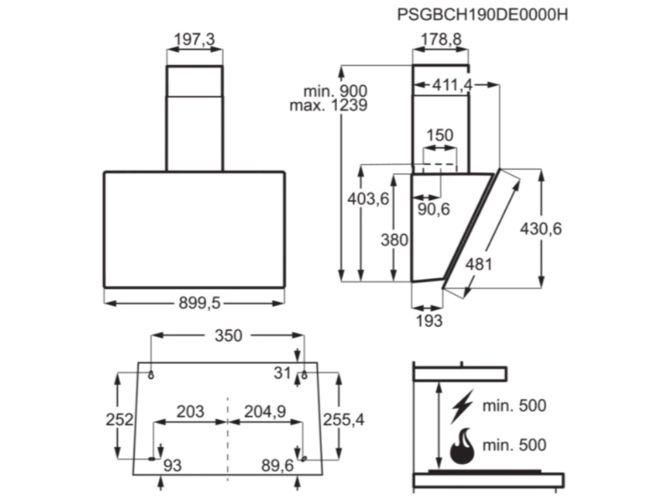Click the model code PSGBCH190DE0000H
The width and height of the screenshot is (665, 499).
point(483,14)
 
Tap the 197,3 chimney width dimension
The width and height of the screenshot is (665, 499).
point(195,40)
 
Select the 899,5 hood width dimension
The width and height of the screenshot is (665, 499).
point(195,302)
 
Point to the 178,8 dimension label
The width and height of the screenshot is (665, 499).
point(442,40)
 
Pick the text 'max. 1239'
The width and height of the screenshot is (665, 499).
point(329,105)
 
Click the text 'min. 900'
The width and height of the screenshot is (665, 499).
point(335,91)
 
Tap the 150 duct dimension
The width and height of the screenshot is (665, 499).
point(440,136)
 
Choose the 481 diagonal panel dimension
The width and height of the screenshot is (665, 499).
point(479,264)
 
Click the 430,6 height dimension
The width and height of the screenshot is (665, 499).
point(541,228)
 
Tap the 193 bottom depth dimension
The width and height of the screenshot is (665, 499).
point(429,320)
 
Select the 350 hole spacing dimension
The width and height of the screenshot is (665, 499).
point(228,335)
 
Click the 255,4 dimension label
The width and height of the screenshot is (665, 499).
point(344,420)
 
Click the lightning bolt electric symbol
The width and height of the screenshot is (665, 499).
point(462,407)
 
